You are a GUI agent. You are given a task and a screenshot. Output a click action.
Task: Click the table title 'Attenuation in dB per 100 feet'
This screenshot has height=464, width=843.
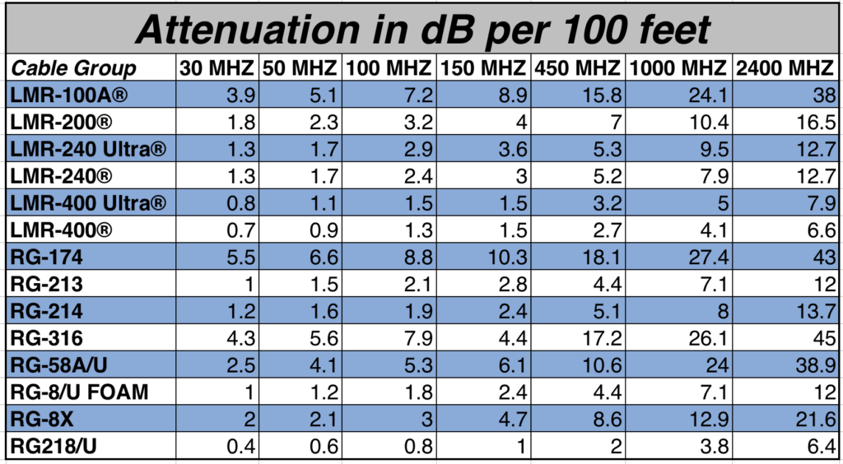click(x=421, y=30)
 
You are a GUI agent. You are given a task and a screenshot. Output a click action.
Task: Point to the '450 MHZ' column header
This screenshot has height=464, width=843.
click(x=579, y=68)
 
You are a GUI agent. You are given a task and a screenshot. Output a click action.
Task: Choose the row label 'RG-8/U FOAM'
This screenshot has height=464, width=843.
click(x=80, y=392)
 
